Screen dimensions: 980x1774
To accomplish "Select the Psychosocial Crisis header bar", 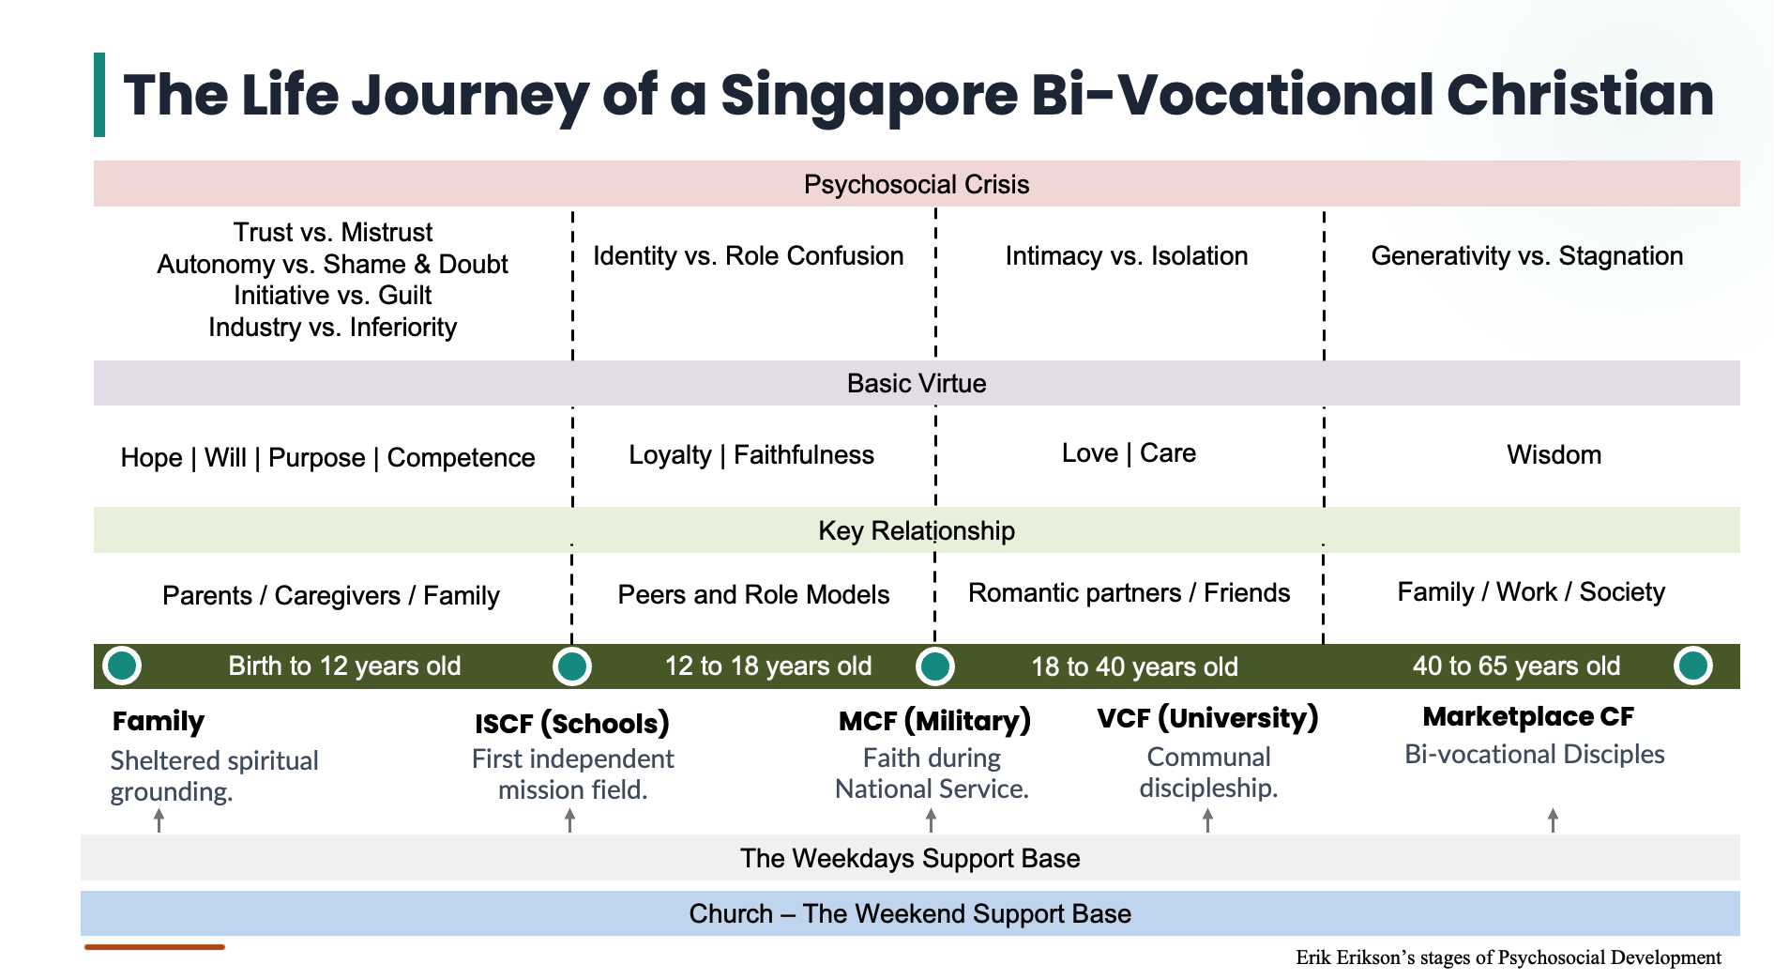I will tap(916, 184).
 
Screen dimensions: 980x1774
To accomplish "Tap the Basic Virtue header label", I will tap(916, 383).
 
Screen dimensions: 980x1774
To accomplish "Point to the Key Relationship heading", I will tap(916, 530).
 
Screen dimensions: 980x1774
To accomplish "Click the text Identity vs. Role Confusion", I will tap(748, 255).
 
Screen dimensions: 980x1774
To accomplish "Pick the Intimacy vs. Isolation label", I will tap(1126, 255).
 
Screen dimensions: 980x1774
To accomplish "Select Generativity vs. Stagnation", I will tap(1526, 255).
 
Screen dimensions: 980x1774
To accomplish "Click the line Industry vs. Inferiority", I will tap(332, 327).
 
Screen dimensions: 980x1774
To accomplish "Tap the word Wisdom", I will tap(1554, 454).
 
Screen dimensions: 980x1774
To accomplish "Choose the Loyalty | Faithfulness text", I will tap(751, 454).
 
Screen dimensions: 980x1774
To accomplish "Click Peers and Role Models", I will tap(753, 594).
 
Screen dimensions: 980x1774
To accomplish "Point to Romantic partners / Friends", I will tap(1129, 592).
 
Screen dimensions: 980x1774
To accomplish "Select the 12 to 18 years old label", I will tap(767, 666).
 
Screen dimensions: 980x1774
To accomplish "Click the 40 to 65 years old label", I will tap(1516, 666).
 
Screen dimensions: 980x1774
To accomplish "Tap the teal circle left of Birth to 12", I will tap(122, 666).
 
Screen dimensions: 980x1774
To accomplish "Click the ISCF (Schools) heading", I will tap(571, 723).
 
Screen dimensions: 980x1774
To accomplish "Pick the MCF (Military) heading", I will tap(933, 720).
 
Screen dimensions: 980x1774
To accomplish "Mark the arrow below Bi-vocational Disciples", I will tap(1553, 819).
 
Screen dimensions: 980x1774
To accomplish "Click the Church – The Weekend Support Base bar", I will tap(909, 913).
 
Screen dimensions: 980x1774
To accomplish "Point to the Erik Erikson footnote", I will tap(1508, 957).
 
